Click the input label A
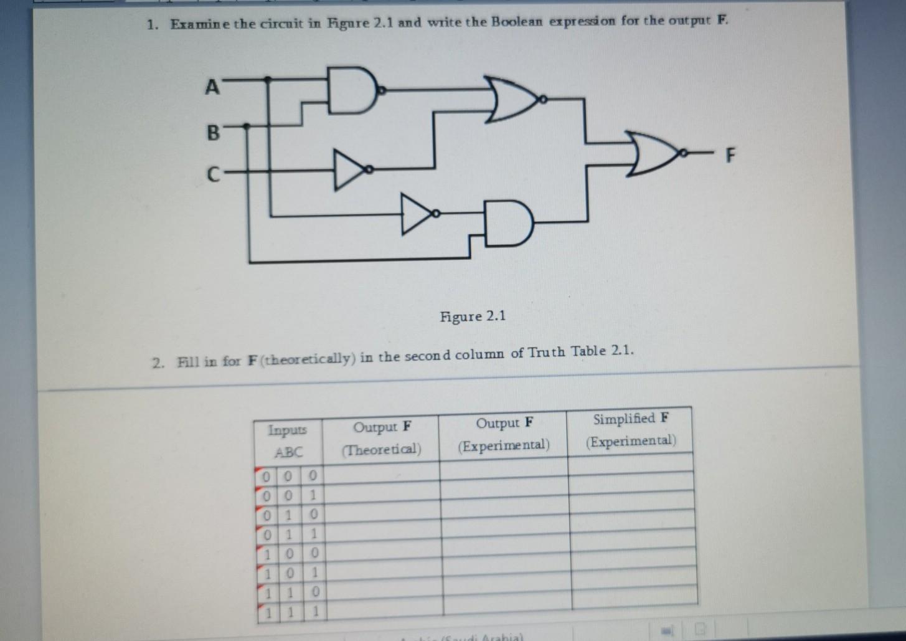point(212,87)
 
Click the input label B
point(213,132)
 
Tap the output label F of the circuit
point(730,154)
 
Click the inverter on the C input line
point(349,169)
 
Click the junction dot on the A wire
point(268,79)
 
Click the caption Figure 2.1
point(473,316)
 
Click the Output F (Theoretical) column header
point(381,438)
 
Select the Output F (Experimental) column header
point(504,434)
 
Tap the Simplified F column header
point(631,430)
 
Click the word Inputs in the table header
point(287,430)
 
